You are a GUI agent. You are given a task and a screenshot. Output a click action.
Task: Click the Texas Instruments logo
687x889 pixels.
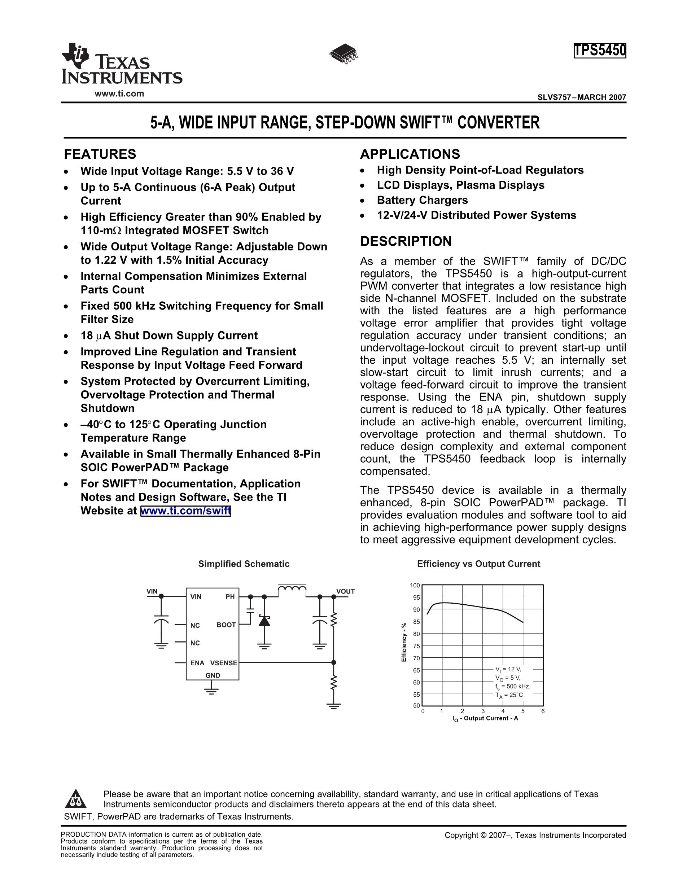click(x=121, y=64)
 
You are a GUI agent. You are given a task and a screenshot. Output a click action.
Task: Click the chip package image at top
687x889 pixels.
click(x=344, y=53)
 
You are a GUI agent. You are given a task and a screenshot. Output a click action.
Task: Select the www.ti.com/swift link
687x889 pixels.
click(x=185, y=511)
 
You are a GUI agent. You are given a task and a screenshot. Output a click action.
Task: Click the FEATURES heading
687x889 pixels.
click(x=100, y=154)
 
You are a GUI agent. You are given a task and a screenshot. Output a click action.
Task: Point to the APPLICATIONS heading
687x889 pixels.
click(x=410, y=154)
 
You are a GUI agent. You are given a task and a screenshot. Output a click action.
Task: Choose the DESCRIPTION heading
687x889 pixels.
click(x=406, y=241)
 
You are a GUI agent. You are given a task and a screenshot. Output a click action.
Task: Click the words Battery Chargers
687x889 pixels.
click(x=422, y=200)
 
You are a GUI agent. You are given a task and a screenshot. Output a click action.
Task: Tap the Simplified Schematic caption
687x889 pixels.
click(x=244, y=564)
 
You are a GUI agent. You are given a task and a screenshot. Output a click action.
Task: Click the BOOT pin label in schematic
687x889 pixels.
click(x=226, y=625)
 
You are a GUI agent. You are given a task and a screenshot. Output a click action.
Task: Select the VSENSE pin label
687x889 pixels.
click(x=223, y=663)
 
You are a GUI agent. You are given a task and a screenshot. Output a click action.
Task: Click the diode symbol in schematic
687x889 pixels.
click(x=264, y=621)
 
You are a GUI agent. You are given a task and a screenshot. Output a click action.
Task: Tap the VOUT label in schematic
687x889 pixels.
click(x=345, y=591)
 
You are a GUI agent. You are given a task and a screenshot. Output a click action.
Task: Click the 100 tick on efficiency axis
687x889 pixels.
click(x=415, y=585)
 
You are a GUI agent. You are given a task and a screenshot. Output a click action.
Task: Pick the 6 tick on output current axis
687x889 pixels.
click(x=543, y=711)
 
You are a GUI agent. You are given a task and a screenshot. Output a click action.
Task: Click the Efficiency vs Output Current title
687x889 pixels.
click(x=478, y=564)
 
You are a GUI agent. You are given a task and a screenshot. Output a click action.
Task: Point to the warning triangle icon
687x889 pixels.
click(x=76, y=799)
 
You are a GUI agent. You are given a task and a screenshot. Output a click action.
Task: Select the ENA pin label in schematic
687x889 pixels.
click(x=197, y=663)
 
